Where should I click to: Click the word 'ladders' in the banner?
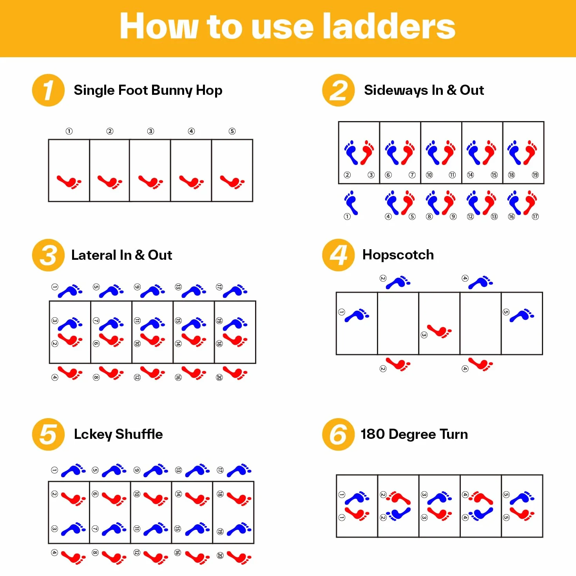click(x=389, y=26)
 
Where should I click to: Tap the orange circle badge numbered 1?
click(x=48, y=90)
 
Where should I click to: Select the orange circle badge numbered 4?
click(x=339, y=255)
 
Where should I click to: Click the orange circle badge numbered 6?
click(x=339, y=434)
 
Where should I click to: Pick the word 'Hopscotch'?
click(x=398, y=255)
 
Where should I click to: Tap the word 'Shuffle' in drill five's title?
click(x=139, y=434)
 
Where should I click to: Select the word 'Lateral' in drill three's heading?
click(x=94, y=255)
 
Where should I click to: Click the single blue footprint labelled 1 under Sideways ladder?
click(x=351, y=203)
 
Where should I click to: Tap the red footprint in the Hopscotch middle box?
click(x=439, y=331)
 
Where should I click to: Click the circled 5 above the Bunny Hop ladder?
click(x=232, y=131)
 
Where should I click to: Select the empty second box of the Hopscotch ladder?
click(x=398, y=323)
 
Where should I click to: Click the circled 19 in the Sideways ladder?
click(x=535, y=175)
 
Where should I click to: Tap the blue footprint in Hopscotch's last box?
click(x=522, y=315)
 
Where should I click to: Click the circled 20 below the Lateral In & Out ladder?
click(x=219, y=377)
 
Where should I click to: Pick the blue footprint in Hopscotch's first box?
click(x=357, y=315)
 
